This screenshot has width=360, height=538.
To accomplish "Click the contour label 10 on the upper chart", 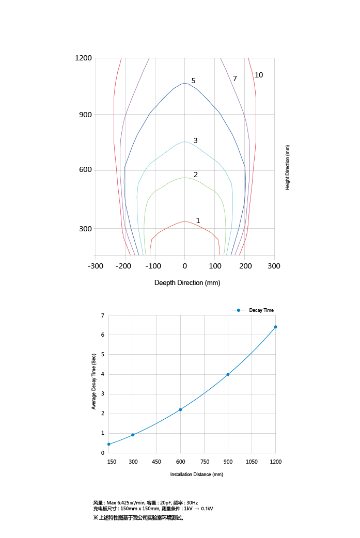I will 259,75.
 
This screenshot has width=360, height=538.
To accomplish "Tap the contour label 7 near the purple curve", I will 234,78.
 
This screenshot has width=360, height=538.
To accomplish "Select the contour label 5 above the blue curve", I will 193,81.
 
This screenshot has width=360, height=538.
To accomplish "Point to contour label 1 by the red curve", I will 198,220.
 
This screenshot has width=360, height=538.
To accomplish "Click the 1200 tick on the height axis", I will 83,58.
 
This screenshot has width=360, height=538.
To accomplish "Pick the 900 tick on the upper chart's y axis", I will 85,115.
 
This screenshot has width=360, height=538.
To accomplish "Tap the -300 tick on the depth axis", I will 95,265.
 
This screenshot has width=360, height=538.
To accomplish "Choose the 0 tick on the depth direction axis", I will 184,265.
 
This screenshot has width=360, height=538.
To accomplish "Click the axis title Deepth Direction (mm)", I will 187,283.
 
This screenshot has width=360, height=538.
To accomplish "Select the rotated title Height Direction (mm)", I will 288,167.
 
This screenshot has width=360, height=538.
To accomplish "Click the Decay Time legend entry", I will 261,310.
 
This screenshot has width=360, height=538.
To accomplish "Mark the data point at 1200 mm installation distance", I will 275,327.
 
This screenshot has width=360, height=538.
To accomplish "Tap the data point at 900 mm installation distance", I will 228,374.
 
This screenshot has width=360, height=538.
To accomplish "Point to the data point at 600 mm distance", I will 180,409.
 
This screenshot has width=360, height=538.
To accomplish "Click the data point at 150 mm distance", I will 108,444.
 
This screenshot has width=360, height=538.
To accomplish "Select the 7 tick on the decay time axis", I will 102,315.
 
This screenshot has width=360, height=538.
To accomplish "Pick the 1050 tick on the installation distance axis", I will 252,462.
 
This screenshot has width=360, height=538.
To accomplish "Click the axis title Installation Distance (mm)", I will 196,474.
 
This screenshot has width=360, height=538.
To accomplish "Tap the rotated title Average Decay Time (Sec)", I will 94,382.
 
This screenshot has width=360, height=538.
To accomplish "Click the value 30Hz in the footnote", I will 192,502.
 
